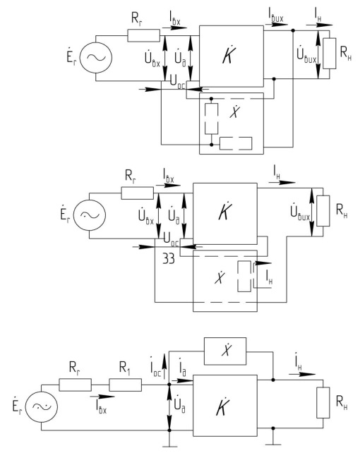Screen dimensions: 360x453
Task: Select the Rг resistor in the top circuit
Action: coord(143,35)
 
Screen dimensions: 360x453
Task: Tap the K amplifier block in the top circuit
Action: coord(232,56)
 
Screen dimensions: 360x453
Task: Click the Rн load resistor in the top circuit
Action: coord(330,54)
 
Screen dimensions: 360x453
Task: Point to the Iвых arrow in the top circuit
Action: coord(276,25)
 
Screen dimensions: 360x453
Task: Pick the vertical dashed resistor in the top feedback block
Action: coord(212,119)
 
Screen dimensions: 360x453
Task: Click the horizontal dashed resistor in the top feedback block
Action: coord(236,143)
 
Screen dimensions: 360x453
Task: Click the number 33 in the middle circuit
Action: coord(169,258)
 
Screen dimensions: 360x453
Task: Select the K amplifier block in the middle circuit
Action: coord(225,214)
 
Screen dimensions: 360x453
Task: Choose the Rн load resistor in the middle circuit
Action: coord(323,211)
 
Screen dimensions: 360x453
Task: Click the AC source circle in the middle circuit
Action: coord(90,215)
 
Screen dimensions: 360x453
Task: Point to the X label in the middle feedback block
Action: coord(220,277)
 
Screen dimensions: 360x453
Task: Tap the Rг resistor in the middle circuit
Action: coord(137,193)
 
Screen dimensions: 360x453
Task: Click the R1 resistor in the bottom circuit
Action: coord(126,385)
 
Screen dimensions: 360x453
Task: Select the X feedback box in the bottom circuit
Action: coord(225,351)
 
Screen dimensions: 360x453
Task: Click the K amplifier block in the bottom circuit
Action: coord(225,406)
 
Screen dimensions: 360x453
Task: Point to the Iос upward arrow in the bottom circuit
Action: coord(164,366)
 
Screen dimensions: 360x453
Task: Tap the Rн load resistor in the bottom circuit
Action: coord(323,403)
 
